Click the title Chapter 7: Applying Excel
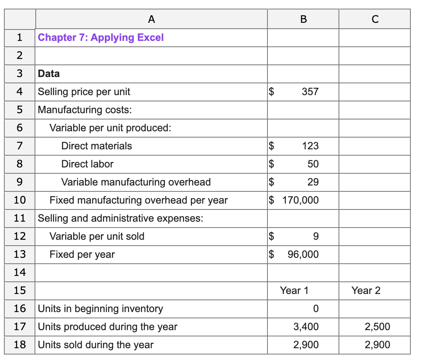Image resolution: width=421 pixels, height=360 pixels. click(101, 38)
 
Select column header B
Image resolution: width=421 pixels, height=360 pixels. click(303, 19)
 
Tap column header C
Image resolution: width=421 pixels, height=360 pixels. click(375, 19)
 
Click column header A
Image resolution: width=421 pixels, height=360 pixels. click(152, 19)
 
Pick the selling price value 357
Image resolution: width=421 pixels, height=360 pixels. click(310, 92)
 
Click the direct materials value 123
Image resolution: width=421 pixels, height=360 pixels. click(310, 146)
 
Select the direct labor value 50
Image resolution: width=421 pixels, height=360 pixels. click(313, 164)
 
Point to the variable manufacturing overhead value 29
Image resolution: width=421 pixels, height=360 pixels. click(313, 182)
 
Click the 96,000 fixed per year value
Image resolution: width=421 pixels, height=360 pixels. click(303, 255)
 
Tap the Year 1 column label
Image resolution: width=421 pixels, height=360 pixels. click(294, 291)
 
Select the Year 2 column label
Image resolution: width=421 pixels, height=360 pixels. click(366, 291)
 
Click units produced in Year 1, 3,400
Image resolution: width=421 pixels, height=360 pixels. click(306, 327)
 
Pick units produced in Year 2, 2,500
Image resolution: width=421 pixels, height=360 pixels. click(377, 327)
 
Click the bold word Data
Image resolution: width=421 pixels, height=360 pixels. click(49, 74)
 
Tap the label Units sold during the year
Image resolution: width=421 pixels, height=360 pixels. click(95, 345)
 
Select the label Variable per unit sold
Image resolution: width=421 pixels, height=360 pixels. click(97, 237)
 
